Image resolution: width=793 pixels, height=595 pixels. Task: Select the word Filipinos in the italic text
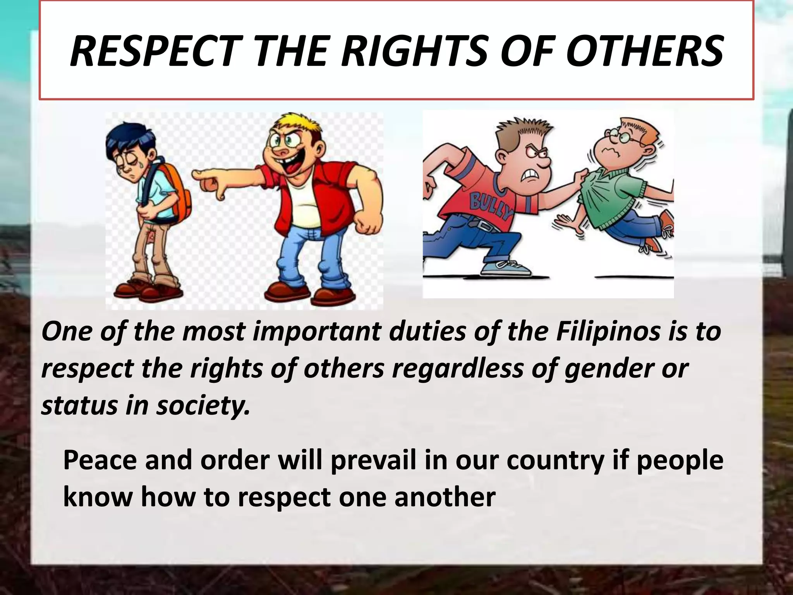[x=608, y=332]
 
